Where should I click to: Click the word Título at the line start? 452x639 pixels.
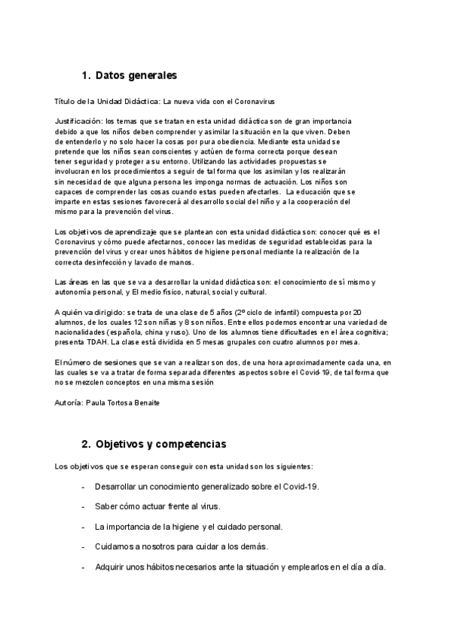[66, 100]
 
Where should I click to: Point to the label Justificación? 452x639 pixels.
[79, 121]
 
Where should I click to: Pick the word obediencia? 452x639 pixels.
[233, 141]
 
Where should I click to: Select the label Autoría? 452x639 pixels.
[72, 403]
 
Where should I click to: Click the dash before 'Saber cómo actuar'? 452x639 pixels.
[82, 506]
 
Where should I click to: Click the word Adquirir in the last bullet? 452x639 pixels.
[111, 567]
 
